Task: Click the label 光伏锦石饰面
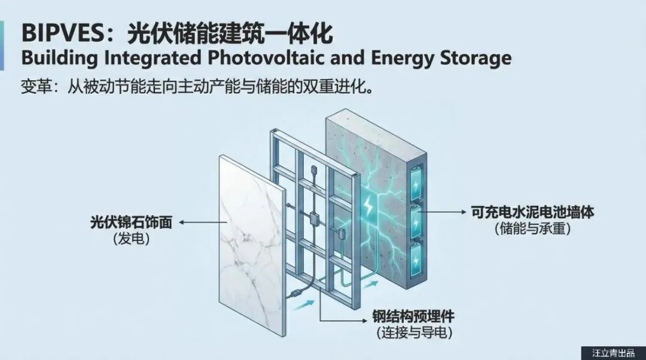pyautogui.click(x=131, y=223)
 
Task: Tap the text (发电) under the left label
pyautogui.click(x=131, y=239)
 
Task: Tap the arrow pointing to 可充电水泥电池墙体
pyautogui.click(x=449, y=212)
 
